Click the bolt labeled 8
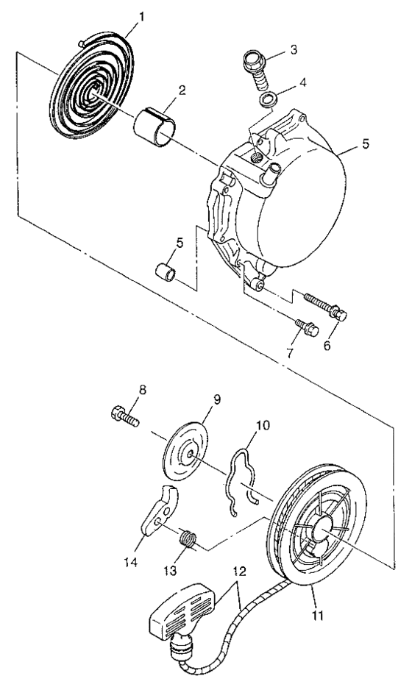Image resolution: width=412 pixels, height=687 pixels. pyautogui.click(x=127, y=419)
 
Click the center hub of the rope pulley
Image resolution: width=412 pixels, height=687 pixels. pyautogui.click(x=326, y=530)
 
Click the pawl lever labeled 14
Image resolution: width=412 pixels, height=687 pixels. pyautogui.click(x=160, y=511)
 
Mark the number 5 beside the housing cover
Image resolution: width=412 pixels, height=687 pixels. pyautogui.click(x=366, y=145)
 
